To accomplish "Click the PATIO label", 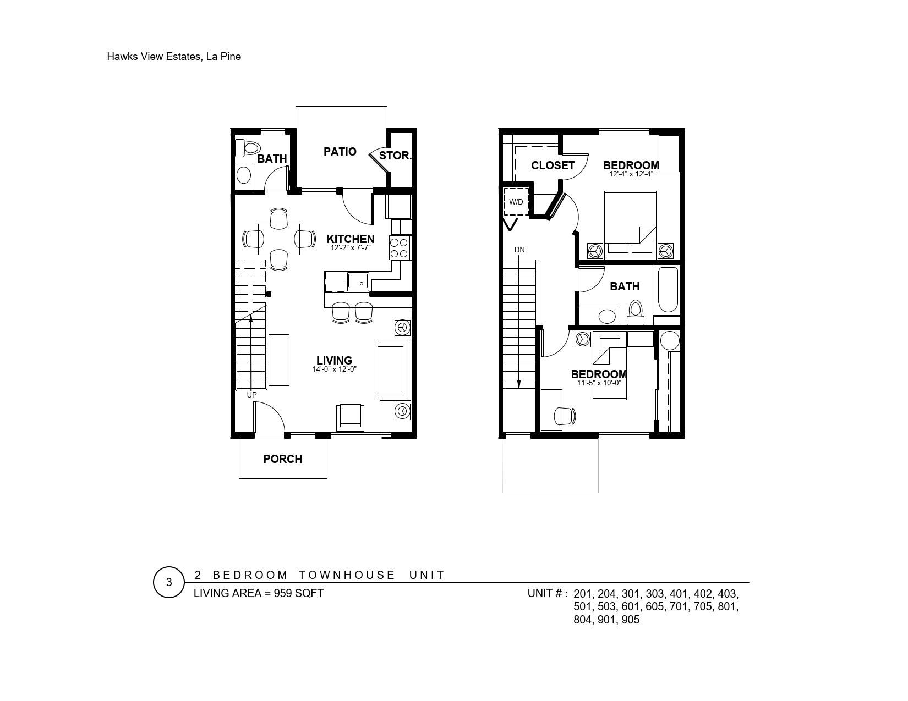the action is click(x=340, y=152).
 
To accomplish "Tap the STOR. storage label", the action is click(x=395, y=156).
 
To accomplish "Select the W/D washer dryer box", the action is click(x=516, y=202).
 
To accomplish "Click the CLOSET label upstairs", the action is click(x=553, y=165).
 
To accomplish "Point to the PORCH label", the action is click(x=282, y=459).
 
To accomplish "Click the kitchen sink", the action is click(x=358, y=281).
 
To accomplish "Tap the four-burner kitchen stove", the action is click(x=399, y=247).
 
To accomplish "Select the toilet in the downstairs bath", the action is click(x=248, y=148).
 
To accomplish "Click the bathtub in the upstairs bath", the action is click(x=668, y=289).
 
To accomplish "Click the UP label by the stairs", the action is click(x=251, y=395).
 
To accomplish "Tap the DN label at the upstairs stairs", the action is click(x=519, y=250).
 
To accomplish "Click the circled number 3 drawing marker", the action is click(x=169, y=582).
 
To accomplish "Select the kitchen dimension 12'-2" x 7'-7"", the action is click(x=351, y=248).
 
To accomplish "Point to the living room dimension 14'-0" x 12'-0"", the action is click(x=334, y=369).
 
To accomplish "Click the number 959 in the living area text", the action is click(x=283, y=593).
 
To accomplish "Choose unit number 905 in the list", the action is click(x=631, y=620).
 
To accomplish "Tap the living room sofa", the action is click(x=394, y=369).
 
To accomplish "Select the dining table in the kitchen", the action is click(x=278, y=239).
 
